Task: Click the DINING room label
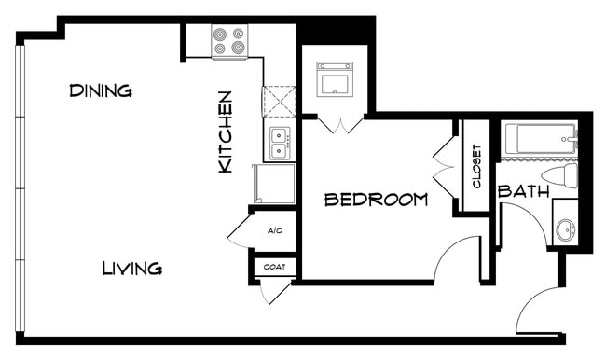click(101, 90)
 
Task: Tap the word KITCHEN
click(225, 132)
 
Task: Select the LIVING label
click(131, 269)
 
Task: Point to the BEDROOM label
click(376, 200)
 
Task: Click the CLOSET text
click(476, 166)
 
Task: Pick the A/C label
click(274, 230)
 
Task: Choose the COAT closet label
click(275, 268)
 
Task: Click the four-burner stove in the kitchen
click(228, 40)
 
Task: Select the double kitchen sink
click(280, 144)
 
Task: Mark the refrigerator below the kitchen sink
click(273, 183)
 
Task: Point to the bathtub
click(538, 141)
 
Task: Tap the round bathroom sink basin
click(564, 228)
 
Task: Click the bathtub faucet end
click(570, 141)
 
